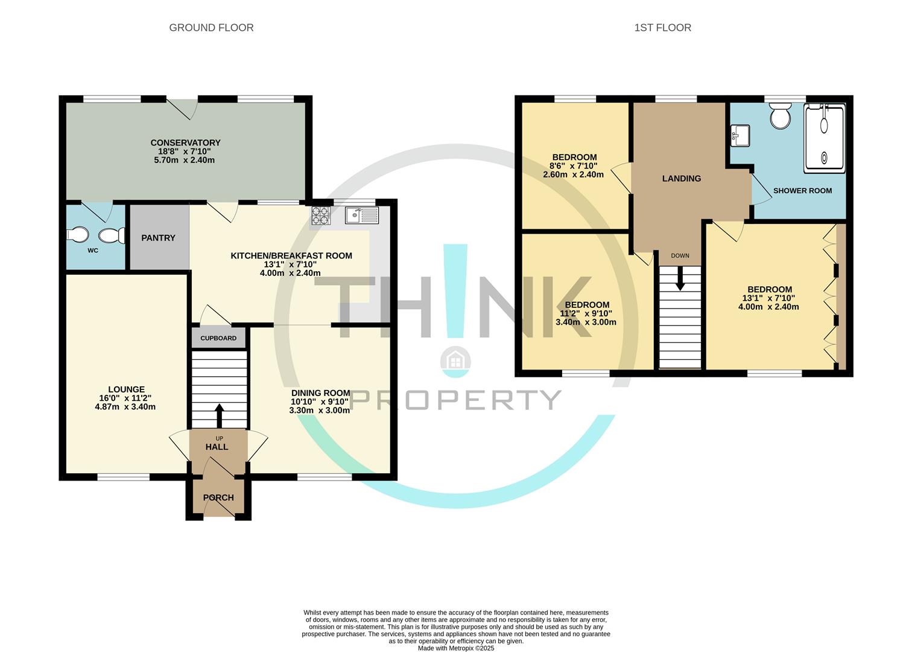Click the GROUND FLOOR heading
(x=211, y=28)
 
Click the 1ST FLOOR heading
(x=662, y=28)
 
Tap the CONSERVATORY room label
(x=185, y=143)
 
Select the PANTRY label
(x=158, y=238)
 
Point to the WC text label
(x=93, y=251)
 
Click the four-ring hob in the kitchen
(x=320, y=215)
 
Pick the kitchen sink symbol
(x=361, y=215)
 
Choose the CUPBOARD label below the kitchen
(x=218, y=338)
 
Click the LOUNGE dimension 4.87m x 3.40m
(x=125, y=407)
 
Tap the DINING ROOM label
(x=320, y=393)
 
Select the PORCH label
(x=218, y=497)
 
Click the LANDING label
(x=682, y=179)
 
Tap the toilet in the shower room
(x=780, y=116)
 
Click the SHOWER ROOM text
(x=802, y=191)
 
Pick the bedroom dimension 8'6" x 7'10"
(x=573, y=166)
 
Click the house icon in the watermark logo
(x=455, y=361)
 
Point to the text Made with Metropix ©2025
(x=456, y=648)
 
